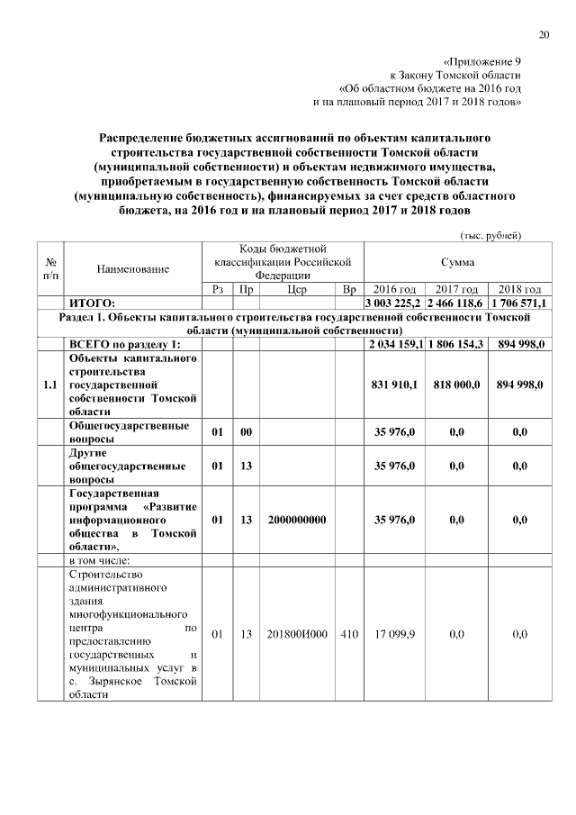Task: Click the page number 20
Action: (x=544, y=35)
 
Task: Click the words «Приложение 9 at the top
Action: (x=482, y=60)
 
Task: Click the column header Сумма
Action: (x=457, y=261)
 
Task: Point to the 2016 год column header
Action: (x=394, y=290)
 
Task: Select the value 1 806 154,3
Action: (x=456, y=344)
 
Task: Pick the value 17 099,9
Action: (x=394, y=635)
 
